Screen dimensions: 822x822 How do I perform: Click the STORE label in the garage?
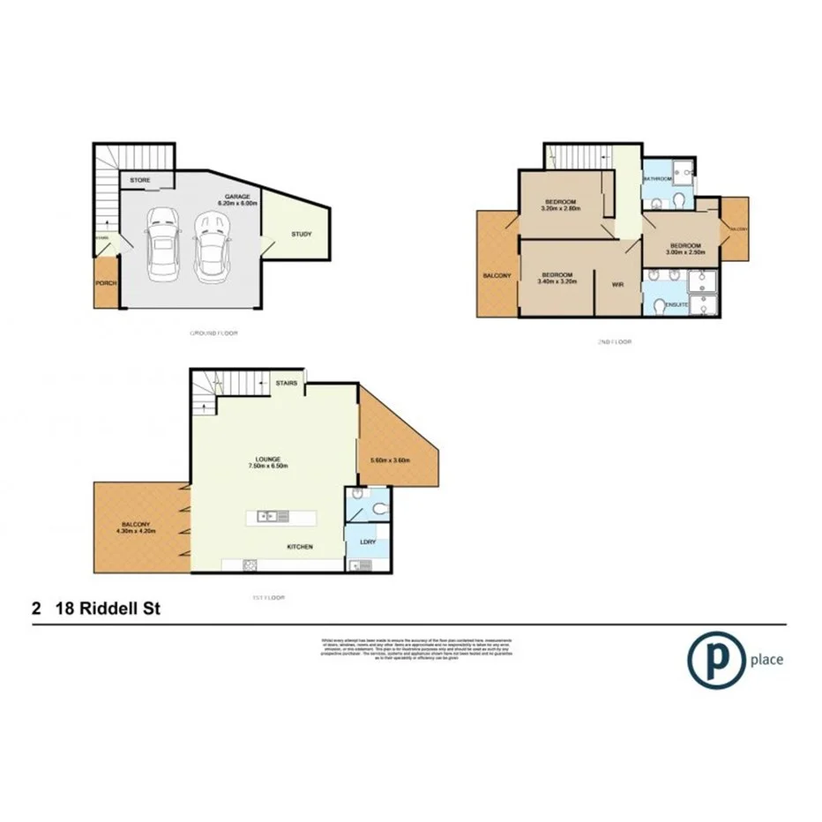pos(140,181)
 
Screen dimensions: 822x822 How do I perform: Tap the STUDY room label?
pos(301,234)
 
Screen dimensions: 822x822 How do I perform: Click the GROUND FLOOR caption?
pos(214,333)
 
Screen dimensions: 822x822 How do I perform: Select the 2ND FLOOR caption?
pos(614,341)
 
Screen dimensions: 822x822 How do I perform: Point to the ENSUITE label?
pos(677,304)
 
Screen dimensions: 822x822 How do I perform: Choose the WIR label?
pos(618,285)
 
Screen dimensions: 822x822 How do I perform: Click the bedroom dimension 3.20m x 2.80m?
pos(560,210)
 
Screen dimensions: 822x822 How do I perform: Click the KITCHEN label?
pos(300,547)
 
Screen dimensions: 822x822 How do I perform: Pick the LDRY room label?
pos(367,541)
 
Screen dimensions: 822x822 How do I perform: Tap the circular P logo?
pos(713,658)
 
